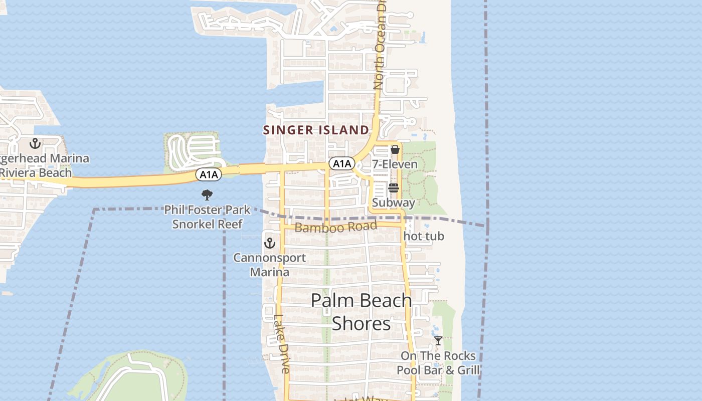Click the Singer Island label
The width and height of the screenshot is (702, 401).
pos(316,130)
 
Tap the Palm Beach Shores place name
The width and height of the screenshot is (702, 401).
pos(361,312)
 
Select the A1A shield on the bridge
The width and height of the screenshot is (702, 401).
pos(208,174)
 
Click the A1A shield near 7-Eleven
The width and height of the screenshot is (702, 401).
pos(341,163)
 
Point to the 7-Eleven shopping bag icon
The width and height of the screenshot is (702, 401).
pos(395,149)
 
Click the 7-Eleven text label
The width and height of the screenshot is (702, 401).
pos(395,164)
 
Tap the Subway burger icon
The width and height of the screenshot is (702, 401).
pos(394,188)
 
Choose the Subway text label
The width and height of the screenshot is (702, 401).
pos(394,203)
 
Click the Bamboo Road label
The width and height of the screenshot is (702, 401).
pos(335,227)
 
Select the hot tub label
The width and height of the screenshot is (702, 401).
pos(424,236)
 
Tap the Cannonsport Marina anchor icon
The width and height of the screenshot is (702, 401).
pos(270,244)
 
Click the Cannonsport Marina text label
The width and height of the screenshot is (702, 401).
pos(270,265)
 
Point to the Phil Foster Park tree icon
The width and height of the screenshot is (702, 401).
pos(207,195)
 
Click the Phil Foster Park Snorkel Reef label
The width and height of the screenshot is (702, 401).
pos(207,217)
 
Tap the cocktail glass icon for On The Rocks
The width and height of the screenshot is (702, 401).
pos(438,341)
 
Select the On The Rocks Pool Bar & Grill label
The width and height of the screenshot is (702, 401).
pos(438,363)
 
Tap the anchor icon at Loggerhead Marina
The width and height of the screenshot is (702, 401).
pos(35,144)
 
